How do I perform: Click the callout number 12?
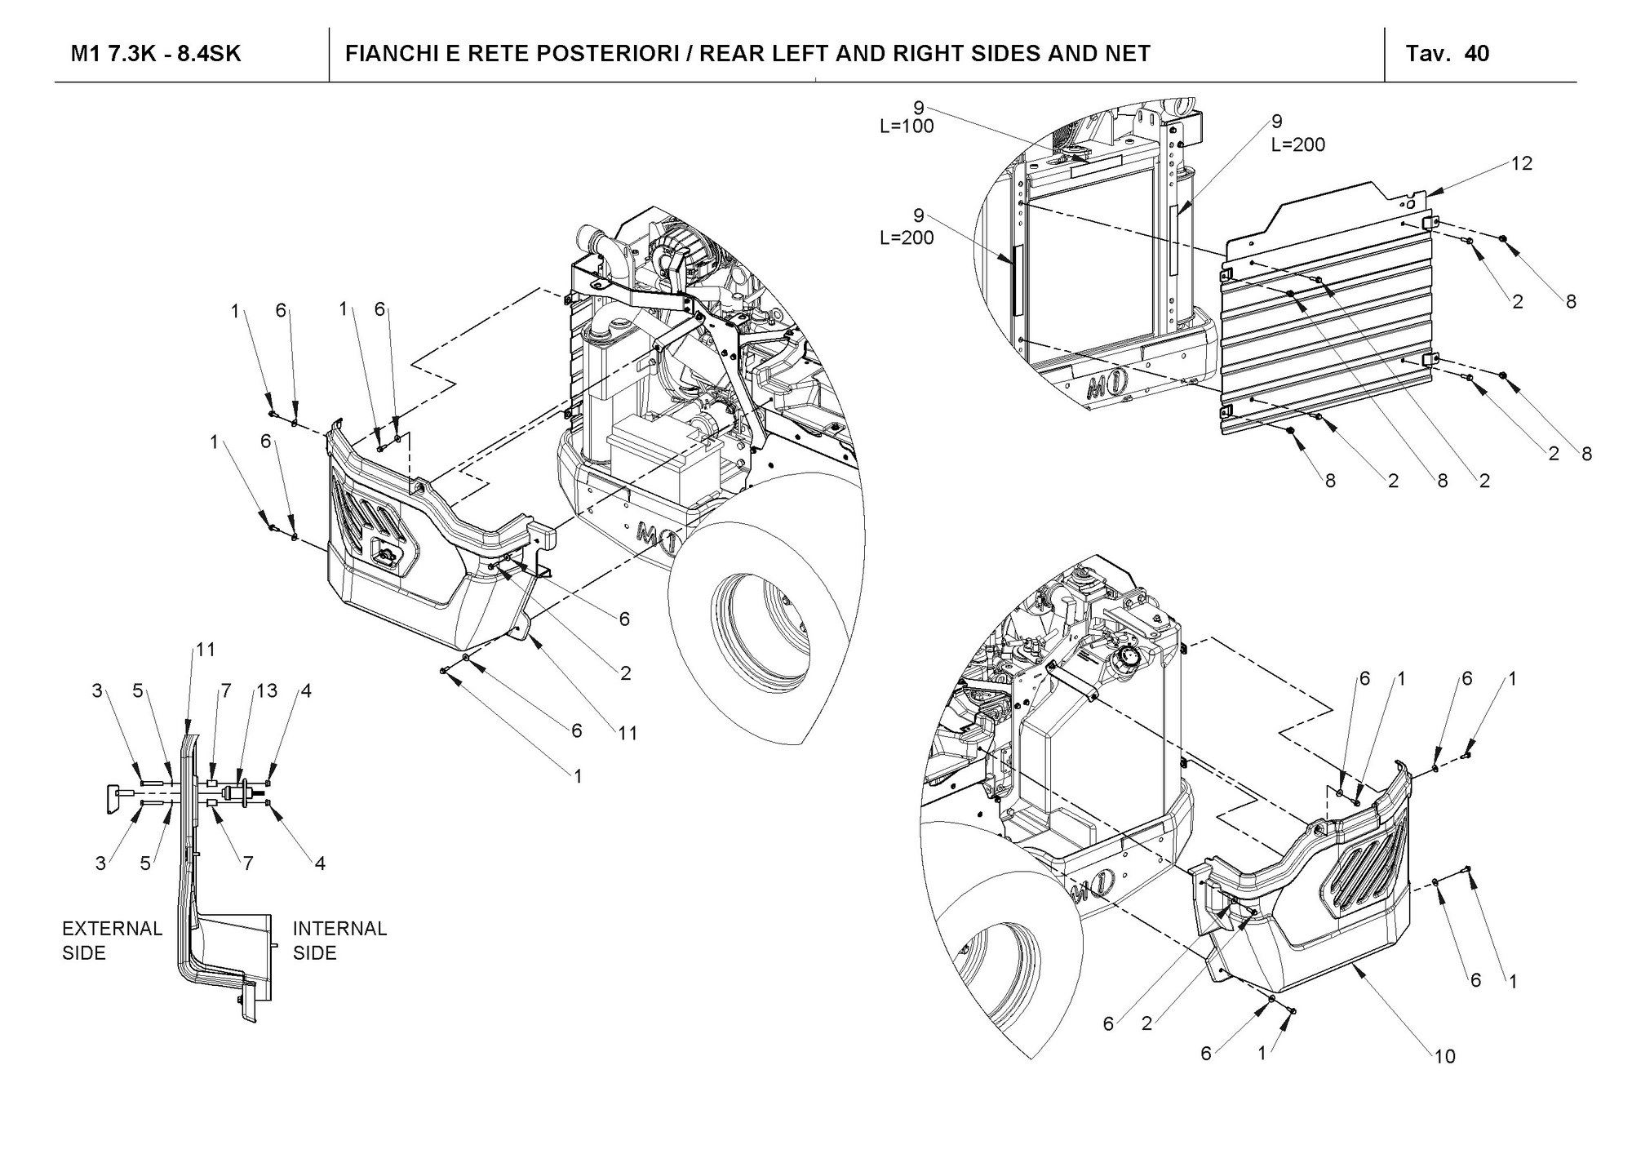pyautogui.click(x=1522, y=163)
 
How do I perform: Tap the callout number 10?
pyautogui.click(x=1444, y=1057)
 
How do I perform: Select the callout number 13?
pyautogui.click(x=267, y=691)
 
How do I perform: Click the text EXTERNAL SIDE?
pyautogui.click(x=113, y=940)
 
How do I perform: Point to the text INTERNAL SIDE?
pyautogui.click(x=339, y=940)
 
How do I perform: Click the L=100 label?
pyautogui.click(x=907, y=126)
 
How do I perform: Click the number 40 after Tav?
pyautogui.click(x=1477, y=54)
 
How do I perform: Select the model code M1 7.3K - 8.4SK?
pyautogui.click(x=156, y=54)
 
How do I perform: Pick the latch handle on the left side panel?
pyautogui.click(x=385, y=556)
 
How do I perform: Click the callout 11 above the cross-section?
pyautogui.click(x=205, y=650)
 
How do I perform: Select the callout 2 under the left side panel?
pyautogui.click(x=625, y=673)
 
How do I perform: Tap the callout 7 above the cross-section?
pyautogui.click(x=226, y=691)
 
